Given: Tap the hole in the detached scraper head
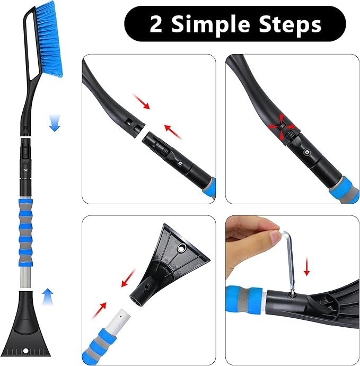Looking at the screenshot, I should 182,247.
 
